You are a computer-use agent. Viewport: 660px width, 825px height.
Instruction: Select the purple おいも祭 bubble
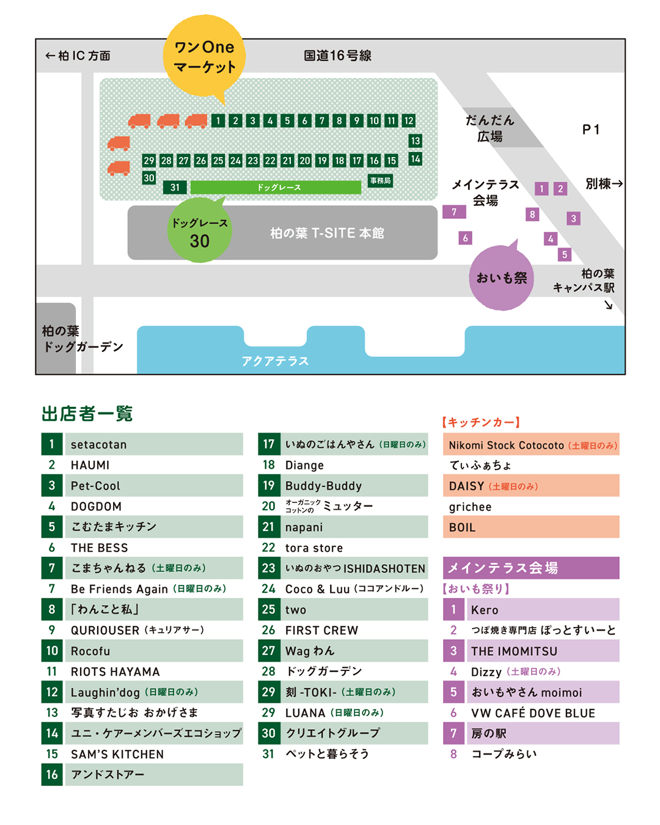pos(501,278)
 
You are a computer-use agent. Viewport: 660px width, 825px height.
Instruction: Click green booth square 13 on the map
pos(416,141)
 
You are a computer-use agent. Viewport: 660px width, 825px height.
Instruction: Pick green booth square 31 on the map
pos(175,188)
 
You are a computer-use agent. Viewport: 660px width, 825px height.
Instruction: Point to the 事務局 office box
pos(380,181)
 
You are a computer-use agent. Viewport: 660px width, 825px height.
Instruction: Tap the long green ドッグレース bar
pos(276,188)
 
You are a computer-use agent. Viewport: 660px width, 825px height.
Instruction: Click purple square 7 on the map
pos(454,212)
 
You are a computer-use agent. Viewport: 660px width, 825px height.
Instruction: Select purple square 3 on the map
pos(573,218)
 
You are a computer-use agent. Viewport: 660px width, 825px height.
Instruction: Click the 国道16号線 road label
pos(337,56)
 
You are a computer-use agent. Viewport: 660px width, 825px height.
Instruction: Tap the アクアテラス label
pos(275,361)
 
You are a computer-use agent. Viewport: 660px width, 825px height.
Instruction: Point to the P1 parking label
pos(591,130)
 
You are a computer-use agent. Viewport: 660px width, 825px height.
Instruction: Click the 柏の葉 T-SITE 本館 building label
pos(328,233)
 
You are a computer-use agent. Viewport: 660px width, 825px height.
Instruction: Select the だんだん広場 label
pos(490,128)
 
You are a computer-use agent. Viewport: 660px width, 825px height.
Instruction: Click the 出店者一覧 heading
pos(87,414)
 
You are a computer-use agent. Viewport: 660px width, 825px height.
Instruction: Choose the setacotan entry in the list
pos(99,444)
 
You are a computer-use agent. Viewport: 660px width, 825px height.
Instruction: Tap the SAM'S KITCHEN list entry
pos(117,754)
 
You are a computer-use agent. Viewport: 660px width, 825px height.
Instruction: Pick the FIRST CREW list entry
pos(322,630)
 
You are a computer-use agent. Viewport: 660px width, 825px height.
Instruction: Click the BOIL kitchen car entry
pos(463,527)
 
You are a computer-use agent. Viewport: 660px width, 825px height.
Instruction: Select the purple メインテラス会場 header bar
pos(530,568)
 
